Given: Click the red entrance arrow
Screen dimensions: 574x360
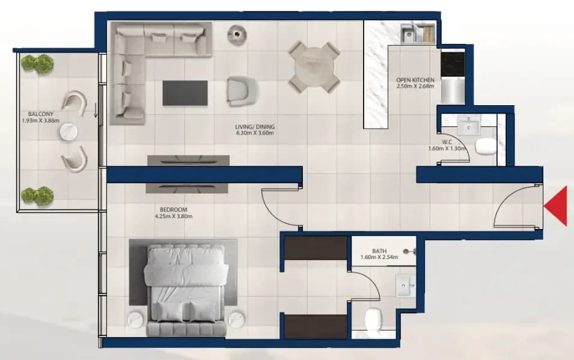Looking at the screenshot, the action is pos(557,206).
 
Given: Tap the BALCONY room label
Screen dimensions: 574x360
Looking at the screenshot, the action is pos(41,114).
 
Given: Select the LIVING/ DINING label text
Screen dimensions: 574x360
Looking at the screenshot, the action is pos(255,127).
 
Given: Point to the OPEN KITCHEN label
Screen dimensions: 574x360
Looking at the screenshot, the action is pos(415,80).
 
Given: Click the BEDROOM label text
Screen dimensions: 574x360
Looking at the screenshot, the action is pos(174,210).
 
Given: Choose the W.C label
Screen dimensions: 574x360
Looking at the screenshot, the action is pos(447,142).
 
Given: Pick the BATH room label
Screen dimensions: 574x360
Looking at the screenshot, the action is pos(379,251).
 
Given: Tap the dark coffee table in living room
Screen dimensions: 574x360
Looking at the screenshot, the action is pos(185,93).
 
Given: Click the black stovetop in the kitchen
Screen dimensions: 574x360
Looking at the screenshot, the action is pos(453,64).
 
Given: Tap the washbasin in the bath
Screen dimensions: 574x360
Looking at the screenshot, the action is pos(406,285).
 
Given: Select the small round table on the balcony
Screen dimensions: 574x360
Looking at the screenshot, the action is pos(69,132).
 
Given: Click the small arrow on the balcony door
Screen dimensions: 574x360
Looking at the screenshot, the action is pos(96,110).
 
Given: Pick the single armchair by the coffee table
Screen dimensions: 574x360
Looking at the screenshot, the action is pos(242,91).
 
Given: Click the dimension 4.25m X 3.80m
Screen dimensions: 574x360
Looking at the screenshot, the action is pos(174,216).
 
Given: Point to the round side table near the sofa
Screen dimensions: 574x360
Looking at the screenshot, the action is pos(237,34).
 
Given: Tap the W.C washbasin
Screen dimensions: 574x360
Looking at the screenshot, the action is pos(469,126).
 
